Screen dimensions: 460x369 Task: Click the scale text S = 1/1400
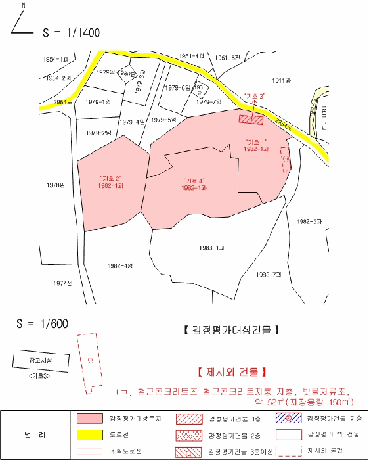click(71, 32)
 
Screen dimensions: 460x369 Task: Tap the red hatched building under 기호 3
click(251, 119)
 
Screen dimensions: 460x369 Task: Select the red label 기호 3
click(253, 97)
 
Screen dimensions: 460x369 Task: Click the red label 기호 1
click(255, 143)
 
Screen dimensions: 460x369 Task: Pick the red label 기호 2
click(110, 178)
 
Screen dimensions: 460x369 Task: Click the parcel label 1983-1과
click(211, 248)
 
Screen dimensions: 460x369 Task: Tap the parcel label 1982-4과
click(119, 265)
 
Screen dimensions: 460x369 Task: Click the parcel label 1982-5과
click(309, 221)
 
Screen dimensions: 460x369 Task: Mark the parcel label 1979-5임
click(163, 120)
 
